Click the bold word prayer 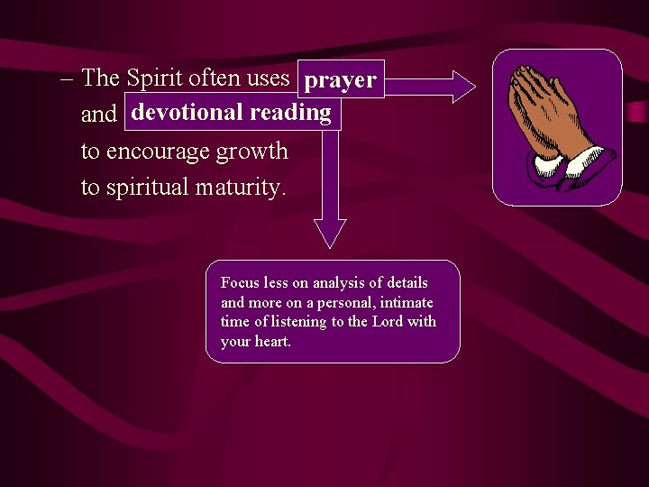(x=340, y=81)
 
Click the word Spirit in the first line (x=154, y=78)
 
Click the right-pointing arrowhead (x=462, y=86)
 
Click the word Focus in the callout (x=239, y=283)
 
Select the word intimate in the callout (x=406, y=303)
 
